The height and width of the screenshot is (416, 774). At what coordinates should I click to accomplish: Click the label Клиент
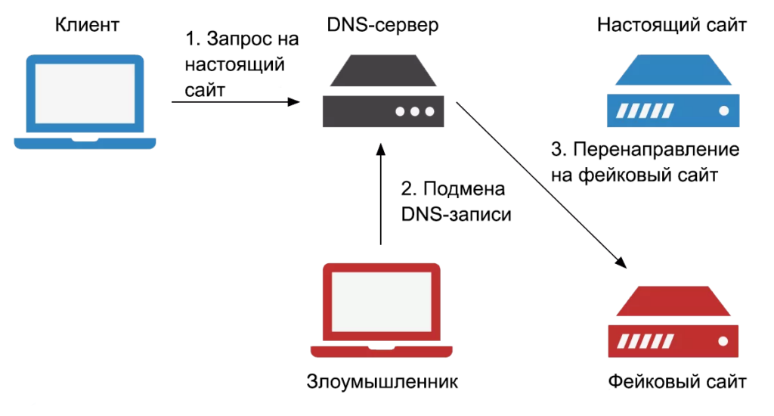(88, 26)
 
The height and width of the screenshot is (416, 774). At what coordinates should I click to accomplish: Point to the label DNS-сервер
(382, 26)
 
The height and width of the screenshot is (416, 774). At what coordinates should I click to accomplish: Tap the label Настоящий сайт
(672, 26)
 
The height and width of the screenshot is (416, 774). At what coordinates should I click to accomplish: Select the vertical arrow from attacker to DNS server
(381, 197)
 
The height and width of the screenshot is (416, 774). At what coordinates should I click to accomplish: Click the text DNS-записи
(456, 214)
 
